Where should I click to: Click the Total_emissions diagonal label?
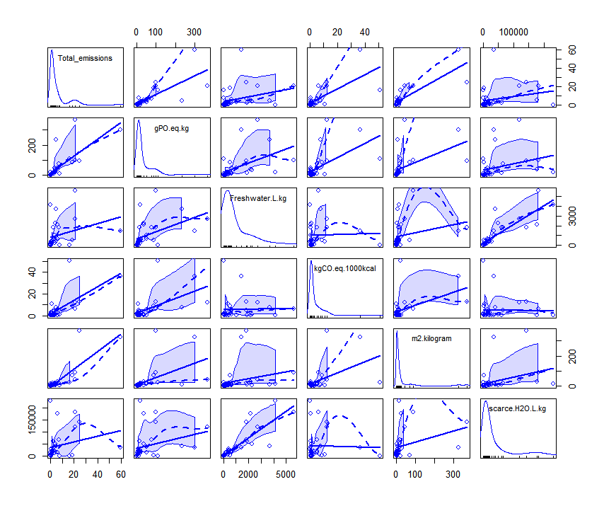85,58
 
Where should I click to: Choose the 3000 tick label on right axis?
569,219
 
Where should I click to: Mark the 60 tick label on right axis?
569,50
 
